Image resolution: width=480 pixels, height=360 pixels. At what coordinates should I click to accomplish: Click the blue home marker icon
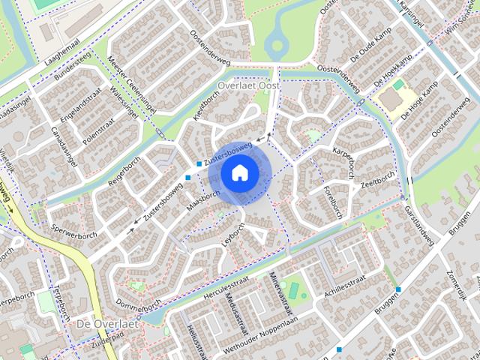point(239,173)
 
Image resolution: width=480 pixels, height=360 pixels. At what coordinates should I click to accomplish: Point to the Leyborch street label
point(233,234)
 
